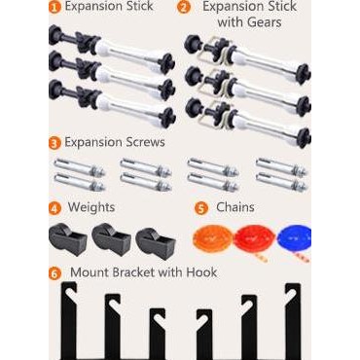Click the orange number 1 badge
point(55,7)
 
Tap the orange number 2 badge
point(184,7)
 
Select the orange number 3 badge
point(55,142)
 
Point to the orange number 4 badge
point(55,208)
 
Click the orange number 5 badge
point(201,208)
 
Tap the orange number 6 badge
point(55,272)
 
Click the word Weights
point(91,208)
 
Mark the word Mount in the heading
point(87,272)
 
